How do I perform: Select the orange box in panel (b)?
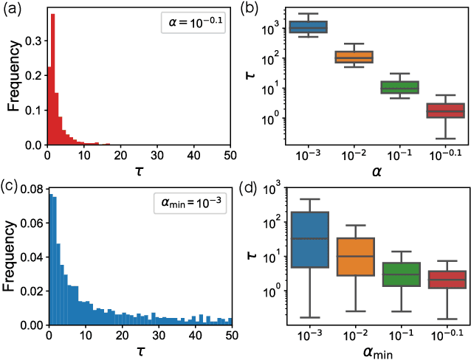click(x=354, y=57)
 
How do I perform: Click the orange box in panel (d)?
click(x=354, y=257)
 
